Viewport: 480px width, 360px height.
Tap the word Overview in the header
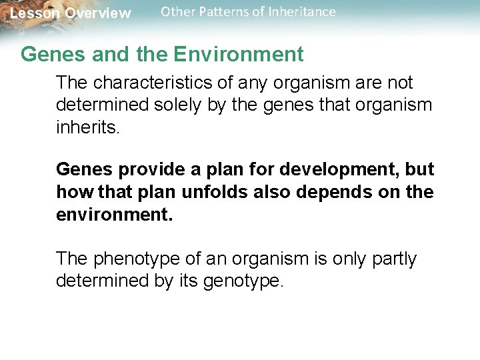click(x=98, y=13)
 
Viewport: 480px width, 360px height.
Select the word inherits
click(x=87, y=127)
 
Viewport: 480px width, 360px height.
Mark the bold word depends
click(x=338, y=192)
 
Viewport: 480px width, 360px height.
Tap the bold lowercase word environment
click(x=113, y=214)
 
